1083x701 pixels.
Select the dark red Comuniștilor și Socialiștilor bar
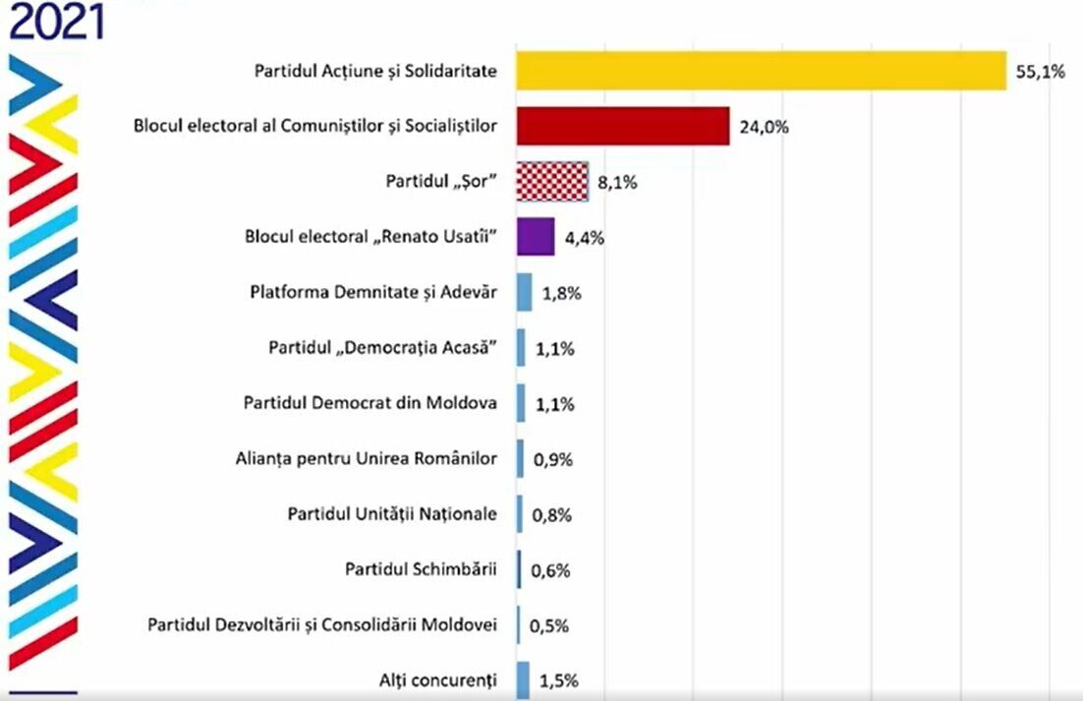click(623, 126)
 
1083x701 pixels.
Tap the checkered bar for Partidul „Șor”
click(552, 182)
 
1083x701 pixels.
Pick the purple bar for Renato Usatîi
click(536, 237)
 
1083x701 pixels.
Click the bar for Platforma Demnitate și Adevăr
click(525, 292)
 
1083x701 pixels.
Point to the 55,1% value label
click(1040, 72)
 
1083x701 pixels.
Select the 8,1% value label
click(617, 183)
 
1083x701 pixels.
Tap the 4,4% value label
click(583, 238)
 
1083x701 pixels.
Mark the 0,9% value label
click(551, 459)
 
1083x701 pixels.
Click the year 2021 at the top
click(56, 21)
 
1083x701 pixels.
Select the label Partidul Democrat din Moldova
click(370, 403)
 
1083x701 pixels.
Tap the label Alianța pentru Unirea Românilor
click(367, 458)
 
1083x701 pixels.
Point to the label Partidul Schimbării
click(422, 569)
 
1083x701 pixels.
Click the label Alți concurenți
click(438, 679)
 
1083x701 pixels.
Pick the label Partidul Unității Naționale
click(392, 514)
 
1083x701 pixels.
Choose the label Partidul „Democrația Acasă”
click(383, 348)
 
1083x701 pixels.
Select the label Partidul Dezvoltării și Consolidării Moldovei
click(322, 624)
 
